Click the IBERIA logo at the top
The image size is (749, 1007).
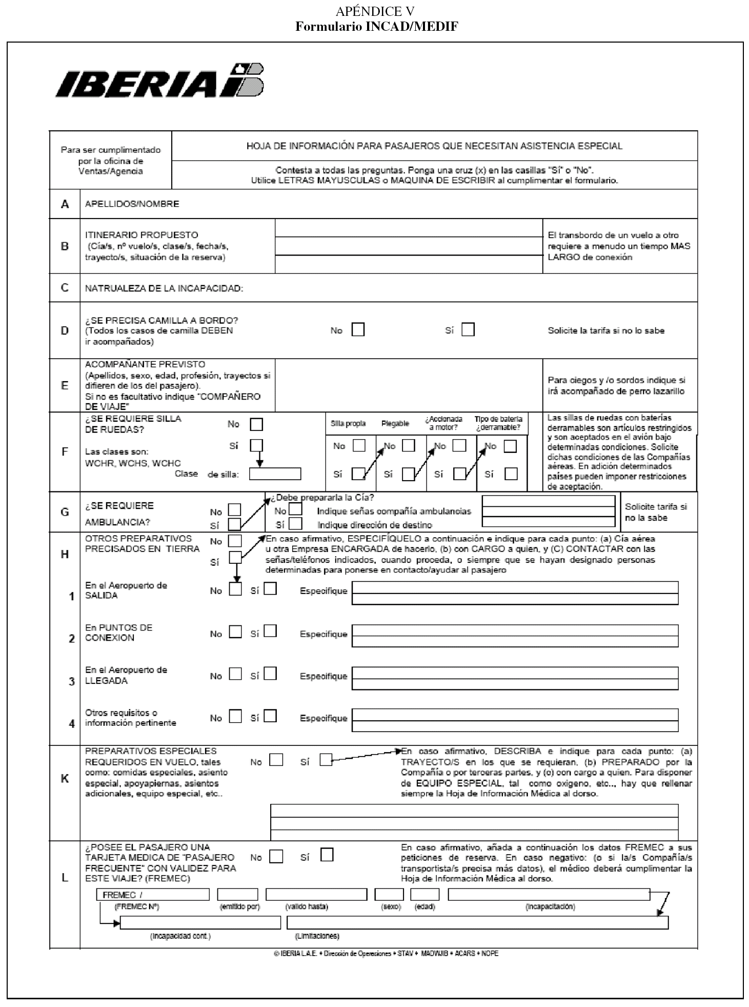tap(159, 81)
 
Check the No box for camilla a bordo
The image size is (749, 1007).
tap(358, 329)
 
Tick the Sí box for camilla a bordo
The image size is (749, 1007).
tap(468, 329)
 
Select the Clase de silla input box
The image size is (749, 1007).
tap(275, 474)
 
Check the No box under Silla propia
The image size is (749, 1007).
tap(359, 445)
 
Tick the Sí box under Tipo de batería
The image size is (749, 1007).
tap(511, 473)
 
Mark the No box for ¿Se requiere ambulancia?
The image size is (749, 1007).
tap(234, 509)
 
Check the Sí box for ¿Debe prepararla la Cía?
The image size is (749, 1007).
tap(295, 524)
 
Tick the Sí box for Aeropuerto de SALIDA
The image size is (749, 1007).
tap(270, 588)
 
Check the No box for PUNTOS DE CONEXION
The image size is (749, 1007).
tap(235, 631)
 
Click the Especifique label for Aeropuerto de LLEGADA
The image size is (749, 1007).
tap(323, 676)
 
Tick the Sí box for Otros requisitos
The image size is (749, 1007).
tap(270, 716)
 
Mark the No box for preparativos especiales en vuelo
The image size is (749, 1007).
tap(276, 760)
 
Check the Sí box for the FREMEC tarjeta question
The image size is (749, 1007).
tap(327, 855)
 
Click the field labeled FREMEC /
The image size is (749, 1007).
tap(153, 895)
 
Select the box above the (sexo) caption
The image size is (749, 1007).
tap(389, 895)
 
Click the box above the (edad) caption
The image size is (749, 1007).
tap(424, 895)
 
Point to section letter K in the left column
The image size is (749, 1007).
tap(65, 778)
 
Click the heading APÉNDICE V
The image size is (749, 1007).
tap(375, 11)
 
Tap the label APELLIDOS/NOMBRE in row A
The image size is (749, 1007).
tap(132, 204)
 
